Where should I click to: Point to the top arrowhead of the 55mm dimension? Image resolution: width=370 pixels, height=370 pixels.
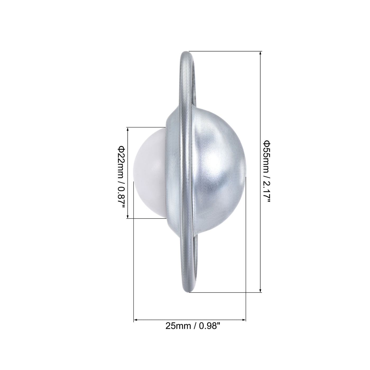click(261, 53)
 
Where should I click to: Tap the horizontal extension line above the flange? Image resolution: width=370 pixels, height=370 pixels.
click(225, 51)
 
